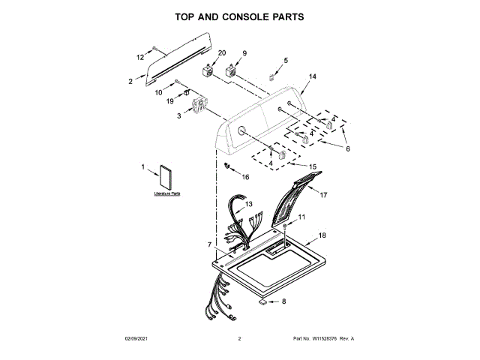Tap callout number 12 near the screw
pos(139,57)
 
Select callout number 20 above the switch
pos(221,52)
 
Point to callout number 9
pos(244,52)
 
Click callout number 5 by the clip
pos(285,60)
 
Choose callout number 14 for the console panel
pos(313,76)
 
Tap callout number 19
pos(170,100)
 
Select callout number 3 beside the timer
pos(179,116)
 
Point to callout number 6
pos(347,148)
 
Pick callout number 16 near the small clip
pos(244,177)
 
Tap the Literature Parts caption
pos(167,193)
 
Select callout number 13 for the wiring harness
pos(248,204)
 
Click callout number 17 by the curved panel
pos(324,195)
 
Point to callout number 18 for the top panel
pos(322,235)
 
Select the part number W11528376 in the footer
pos(324,339)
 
